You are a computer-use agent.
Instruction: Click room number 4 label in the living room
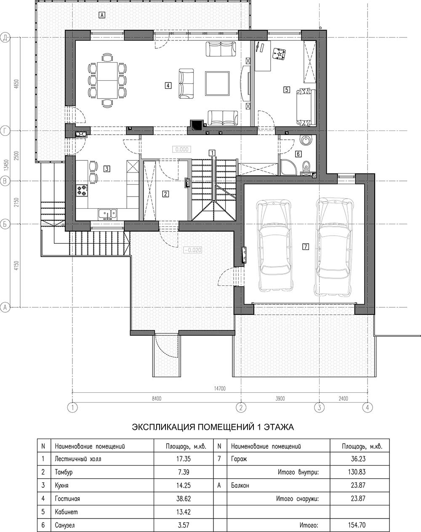(168, 85)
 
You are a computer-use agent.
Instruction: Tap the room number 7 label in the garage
(306, 247)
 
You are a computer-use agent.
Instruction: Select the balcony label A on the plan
(102, 15)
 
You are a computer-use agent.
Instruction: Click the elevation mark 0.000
(181, 149)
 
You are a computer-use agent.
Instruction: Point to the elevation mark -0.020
(193, 250)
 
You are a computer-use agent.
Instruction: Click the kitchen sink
(107, 214)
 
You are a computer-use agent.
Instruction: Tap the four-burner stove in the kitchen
(82, 191)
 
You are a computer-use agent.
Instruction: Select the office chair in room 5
(279, 53)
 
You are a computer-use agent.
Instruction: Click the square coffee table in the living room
(217, 83)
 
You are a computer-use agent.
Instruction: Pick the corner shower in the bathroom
(288, 167)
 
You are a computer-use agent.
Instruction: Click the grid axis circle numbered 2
(241, 407)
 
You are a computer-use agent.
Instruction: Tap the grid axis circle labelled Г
(5, 131)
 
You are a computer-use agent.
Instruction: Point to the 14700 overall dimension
(220, 388)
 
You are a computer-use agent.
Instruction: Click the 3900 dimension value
(280, 399)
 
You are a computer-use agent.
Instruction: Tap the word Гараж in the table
(239, 459)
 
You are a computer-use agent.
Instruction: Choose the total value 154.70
(358, 524)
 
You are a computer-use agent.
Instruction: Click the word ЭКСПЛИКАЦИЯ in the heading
(164, 427)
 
